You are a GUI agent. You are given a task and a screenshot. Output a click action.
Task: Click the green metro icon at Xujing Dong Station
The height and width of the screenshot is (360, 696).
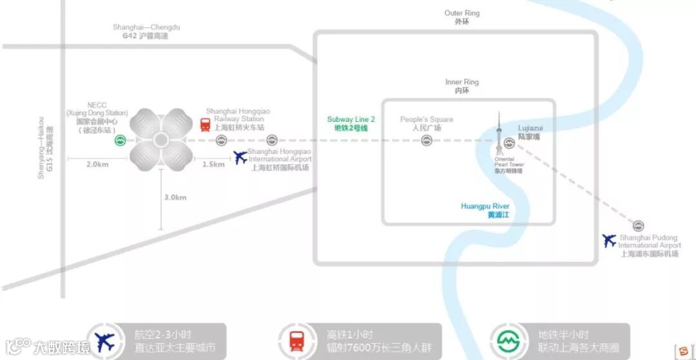(x=120, y=140)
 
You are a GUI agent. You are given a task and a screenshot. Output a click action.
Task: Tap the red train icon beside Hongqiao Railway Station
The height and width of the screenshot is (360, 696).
(x=205, y=124)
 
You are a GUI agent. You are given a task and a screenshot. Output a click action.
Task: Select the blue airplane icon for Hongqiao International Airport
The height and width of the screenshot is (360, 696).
(x=240, y=156)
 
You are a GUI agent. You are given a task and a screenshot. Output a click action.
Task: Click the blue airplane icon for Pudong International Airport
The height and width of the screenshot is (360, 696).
(x=609, y=241)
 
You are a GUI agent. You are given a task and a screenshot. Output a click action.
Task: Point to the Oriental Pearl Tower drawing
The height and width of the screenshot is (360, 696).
(x=499, y=138)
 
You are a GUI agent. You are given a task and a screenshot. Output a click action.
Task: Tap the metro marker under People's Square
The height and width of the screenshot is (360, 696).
(x=427, y=140)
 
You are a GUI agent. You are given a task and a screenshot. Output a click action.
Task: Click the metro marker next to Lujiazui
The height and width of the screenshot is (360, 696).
(x=509, y=143)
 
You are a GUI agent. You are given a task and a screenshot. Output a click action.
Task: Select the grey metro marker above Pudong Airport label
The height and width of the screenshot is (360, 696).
(x=638, y=226)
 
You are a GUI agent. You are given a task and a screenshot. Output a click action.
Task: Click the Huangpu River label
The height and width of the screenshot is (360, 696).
(x=485, y=211)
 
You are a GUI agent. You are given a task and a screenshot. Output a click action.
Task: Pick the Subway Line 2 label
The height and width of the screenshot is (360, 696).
(x=351, y=124)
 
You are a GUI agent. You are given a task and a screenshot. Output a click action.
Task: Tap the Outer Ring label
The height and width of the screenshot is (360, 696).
(x=462, y=17)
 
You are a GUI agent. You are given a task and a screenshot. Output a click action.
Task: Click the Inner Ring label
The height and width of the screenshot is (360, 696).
(x=462, y=86)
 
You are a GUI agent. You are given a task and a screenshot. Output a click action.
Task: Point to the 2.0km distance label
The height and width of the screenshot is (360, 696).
(x=97, y=164)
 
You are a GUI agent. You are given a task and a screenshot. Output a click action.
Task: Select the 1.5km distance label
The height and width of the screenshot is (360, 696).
(x=213, y=164)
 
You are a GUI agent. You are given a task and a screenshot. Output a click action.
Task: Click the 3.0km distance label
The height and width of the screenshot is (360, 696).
(x=175, y=197)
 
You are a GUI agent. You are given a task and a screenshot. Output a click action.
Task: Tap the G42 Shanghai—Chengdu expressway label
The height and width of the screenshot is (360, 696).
(x=146, y=32)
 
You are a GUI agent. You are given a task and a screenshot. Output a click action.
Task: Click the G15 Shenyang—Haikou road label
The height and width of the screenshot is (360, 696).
(x=45, y=147)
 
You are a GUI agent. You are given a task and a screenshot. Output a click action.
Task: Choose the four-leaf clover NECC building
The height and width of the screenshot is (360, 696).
(x=161, y=140)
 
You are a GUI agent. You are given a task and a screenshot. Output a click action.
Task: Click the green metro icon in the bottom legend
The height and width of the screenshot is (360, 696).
(x=508, y=340)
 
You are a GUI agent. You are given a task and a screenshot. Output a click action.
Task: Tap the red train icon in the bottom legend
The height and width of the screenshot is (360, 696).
(x=297, y=340)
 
